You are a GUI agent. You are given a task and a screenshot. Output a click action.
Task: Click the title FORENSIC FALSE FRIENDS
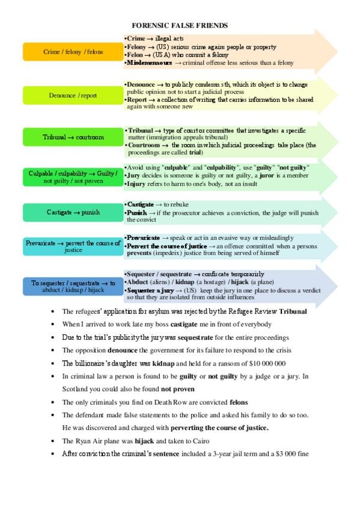coord(180,25)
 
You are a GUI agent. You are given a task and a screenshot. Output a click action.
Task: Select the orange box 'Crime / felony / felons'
coord(73,52)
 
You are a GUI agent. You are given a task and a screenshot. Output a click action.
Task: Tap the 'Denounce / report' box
coord(73,95)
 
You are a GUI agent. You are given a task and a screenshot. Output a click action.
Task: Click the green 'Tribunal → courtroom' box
coord(73,137)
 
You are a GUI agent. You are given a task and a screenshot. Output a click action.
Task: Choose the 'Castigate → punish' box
coord(73,212)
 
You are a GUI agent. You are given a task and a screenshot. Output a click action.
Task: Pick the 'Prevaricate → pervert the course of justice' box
coord(73,246)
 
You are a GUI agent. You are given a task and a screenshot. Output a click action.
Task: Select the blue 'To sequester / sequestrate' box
coord(73,286)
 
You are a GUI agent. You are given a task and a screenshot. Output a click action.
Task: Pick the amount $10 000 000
coord(264,363)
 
